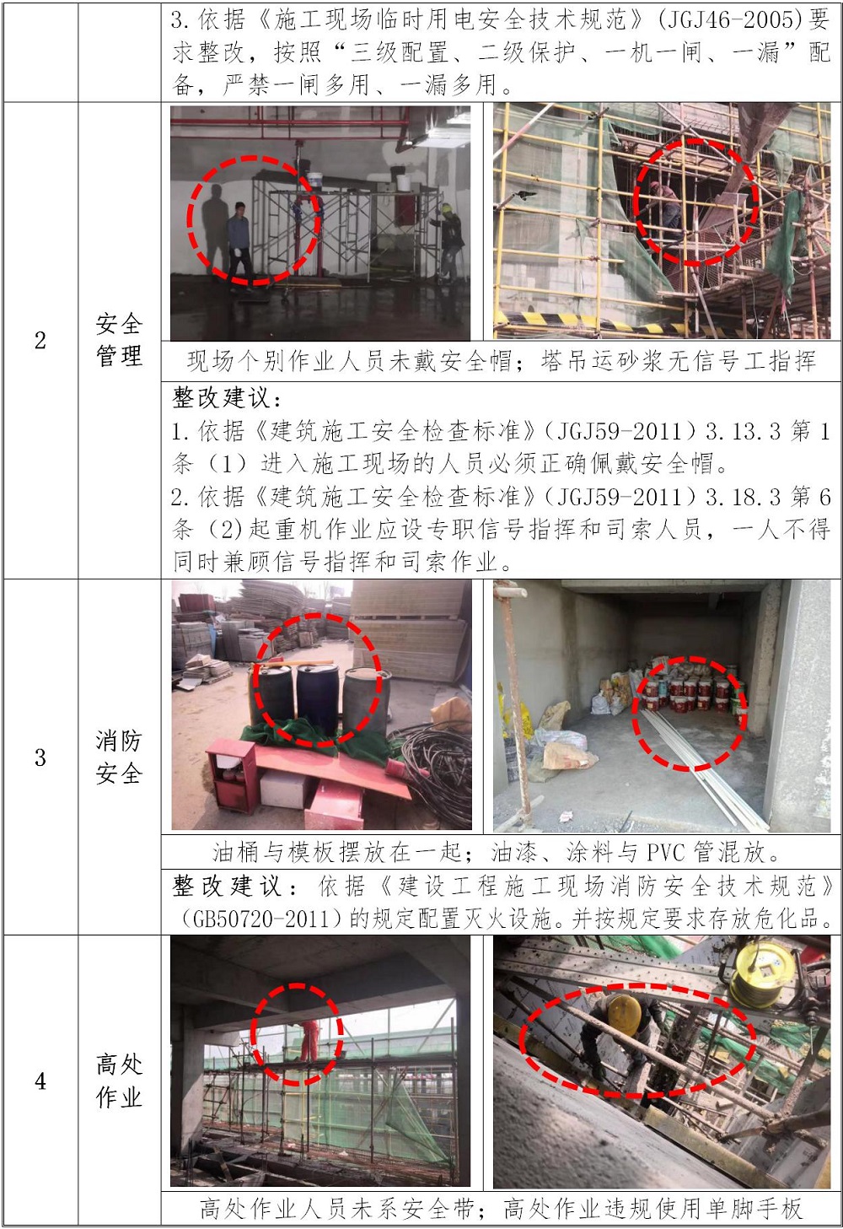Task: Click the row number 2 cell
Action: click(x=40, y=340)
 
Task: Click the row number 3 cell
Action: click(x=40, y=757)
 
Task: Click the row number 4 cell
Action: click(x=40, y=1081)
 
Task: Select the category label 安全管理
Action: click(x=119, y=340)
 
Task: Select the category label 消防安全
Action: click(x=119, y=757)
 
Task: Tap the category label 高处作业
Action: click(x=119, y=1081)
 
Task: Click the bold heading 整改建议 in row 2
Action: click(x=221, y=398)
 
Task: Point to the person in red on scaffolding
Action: click(x=309, y=1040)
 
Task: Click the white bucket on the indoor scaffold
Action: click(x=314, y=181)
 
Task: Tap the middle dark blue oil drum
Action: click(x=318, y=699)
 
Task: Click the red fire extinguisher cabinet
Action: click(x=231, y=774)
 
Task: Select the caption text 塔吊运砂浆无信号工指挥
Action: click(x=678, y=362)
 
